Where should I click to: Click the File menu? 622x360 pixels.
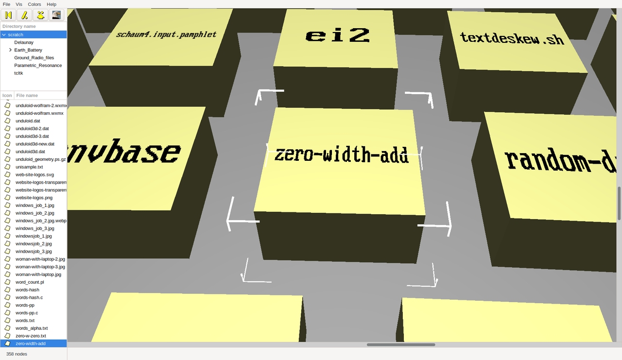(7, 4)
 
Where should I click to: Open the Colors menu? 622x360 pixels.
(35, 4)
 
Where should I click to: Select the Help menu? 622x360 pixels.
(52, 4)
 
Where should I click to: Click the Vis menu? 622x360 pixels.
(19, 4)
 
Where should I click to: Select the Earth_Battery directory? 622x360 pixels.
(28, 50)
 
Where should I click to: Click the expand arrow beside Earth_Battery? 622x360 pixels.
(10, 50)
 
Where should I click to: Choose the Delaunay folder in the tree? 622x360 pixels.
(24, 42)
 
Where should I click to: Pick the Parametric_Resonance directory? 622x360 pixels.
(38, 66)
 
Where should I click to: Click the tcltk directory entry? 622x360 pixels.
(18, 73)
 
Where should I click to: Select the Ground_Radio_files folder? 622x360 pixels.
(34, 58)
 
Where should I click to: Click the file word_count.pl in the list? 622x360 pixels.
(30, 282)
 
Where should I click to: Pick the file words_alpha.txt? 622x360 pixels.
(32, 328)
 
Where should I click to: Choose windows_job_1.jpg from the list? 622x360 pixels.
(35, 206)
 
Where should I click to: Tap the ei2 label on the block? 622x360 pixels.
(338, 35)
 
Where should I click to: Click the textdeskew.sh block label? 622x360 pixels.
(512, 38)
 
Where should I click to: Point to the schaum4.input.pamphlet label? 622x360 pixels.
(166, 34)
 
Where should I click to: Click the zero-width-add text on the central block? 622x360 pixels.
(341, 155)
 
